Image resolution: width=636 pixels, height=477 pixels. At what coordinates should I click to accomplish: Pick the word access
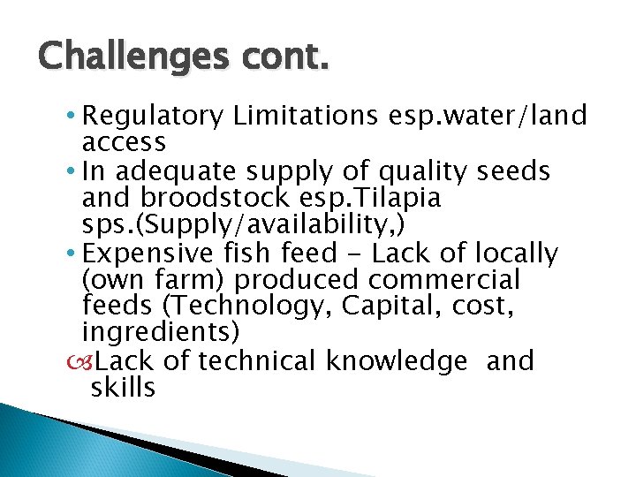pos(124,142)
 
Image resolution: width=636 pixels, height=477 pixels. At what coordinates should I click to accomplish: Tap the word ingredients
pos(160,332)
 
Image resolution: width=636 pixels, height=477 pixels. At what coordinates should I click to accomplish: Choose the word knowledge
pos(397,361)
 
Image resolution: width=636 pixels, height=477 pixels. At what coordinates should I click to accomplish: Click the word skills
pos(123,387)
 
